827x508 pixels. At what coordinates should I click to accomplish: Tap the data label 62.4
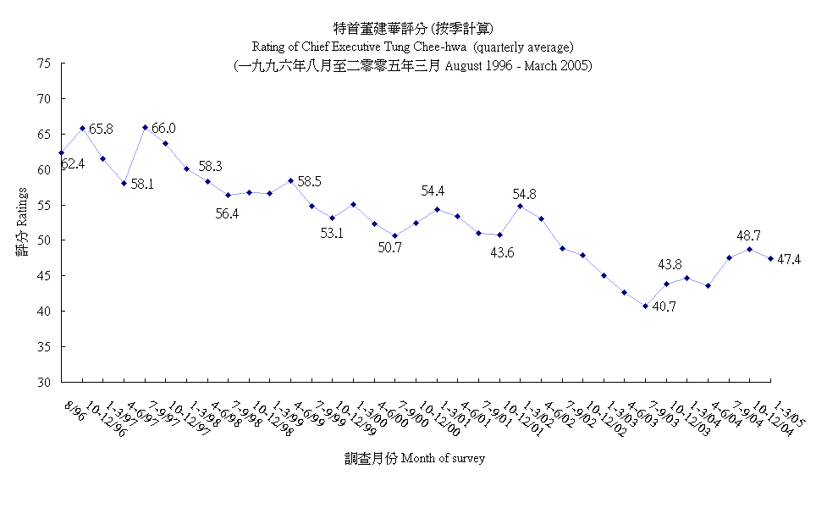coord(72,163)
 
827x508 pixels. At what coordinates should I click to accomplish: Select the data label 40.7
coord(664,306)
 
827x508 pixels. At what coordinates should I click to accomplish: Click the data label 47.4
coord(790,259)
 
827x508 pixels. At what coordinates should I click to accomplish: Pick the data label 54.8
coord(526,195)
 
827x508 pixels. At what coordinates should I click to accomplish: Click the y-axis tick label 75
coord(45,63)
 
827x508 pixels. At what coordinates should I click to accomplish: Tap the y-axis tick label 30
coord(45,382)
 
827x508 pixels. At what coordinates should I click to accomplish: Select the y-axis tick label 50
coord(45,240)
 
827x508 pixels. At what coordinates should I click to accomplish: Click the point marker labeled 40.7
coord(645,306)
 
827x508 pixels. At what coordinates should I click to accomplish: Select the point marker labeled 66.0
coord(145,127)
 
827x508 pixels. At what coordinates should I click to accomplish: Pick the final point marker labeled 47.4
coord(770,258)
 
